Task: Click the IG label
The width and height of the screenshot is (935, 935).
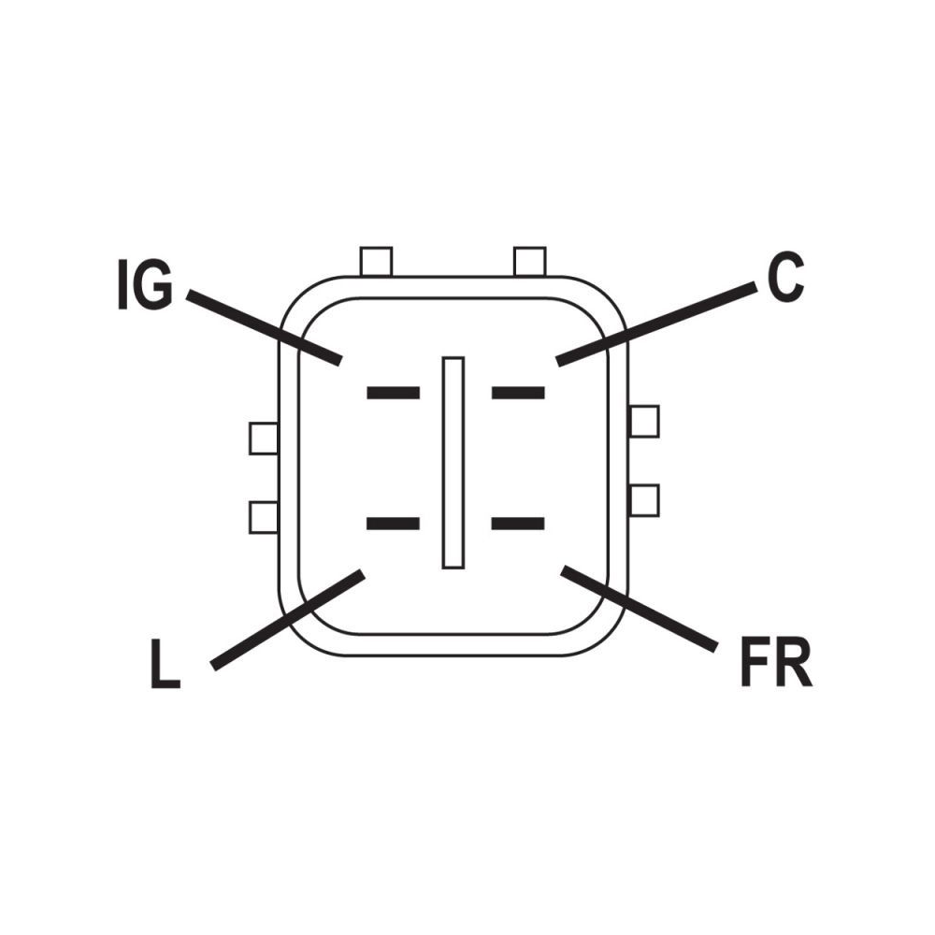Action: [146, 284]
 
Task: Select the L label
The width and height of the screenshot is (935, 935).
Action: [165, 663]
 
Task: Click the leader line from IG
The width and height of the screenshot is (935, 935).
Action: [265, 326]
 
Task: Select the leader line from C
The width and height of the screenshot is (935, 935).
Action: [656, 324]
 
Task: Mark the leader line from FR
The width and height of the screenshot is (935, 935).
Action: [639, 609]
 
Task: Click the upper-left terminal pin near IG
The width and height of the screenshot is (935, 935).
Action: [393, 393]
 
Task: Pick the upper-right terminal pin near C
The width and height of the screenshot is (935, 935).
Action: [518, 393]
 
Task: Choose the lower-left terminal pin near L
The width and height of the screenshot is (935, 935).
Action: [393, 524]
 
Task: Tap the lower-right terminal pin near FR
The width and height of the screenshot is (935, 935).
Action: [518, 524]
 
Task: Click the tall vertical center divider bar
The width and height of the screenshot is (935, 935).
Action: [453, 463]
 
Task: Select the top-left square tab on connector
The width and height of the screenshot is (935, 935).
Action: [376, 261]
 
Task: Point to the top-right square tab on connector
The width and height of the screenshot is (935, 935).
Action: [529, 261]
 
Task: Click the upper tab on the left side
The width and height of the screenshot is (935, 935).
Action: [264, 439]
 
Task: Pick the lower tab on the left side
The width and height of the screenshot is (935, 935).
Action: [264, 518]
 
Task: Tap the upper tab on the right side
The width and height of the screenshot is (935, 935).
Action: [644, 421]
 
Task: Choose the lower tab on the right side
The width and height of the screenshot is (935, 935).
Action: [644, 500]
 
